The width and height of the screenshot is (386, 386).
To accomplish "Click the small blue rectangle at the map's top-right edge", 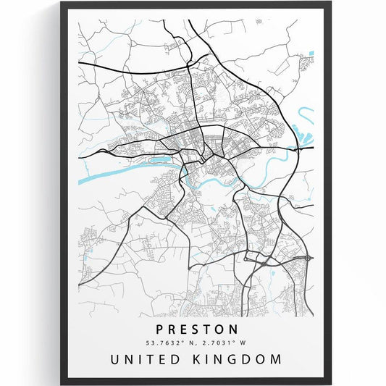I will click(311, 53).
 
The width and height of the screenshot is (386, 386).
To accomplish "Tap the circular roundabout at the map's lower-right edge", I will click(309, 257).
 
